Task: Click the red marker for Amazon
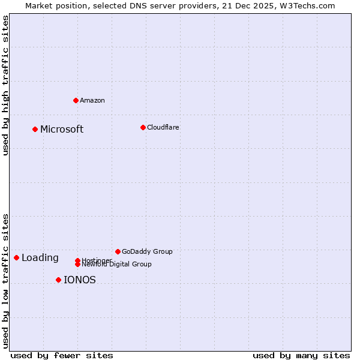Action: tap(76, 100)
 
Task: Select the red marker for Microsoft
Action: tap(35, 129)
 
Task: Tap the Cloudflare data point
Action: tap(143, 127)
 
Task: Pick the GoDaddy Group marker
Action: tap(118, 251)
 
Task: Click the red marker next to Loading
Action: tap(16, 257)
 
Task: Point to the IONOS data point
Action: tap(58, 280)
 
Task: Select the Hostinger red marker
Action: tap(77, 260)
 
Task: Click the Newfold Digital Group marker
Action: tap(77, 264)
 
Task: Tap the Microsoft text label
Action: tap(62, 130)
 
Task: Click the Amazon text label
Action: tap(92, 101)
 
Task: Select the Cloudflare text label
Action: tap(163, 128)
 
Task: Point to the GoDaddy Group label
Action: tap(147, 252)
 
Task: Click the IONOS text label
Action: tap(79, 280)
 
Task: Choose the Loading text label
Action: tap(40, 258)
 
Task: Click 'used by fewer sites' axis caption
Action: tap(62, 355)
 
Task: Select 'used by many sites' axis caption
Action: tap(301, 355)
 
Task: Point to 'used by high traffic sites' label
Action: tap(5, 85)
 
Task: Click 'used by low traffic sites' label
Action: tap(5, 281)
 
